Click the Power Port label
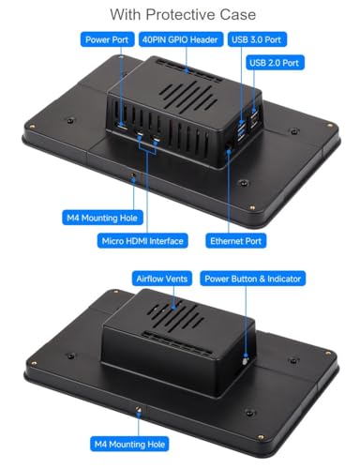click(x=107, y=39)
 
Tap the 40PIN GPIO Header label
click(x=181, y=39)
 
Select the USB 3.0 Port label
click(x=257, y=39)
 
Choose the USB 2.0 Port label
click(x=275, y=63)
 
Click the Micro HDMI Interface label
click(x=142, y=241)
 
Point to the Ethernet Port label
click(x=236, y=241)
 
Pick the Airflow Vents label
click(x=162, y=279)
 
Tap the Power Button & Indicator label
click(x=253, y=279)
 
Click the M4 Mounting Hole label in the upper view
click(x=102, y=218)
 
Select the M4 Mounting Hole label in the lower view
click(x=129, y=444)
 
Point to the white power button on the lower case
click(x=245, y=361)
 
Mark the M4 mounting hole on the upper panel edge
click(x=133, y=175)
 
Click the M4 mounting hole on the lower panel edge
click(x=138, y=409)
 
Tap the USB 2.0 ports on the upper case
click(x=254, y=120)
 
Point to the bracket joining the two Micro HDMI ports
click(x=147, y=149)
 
